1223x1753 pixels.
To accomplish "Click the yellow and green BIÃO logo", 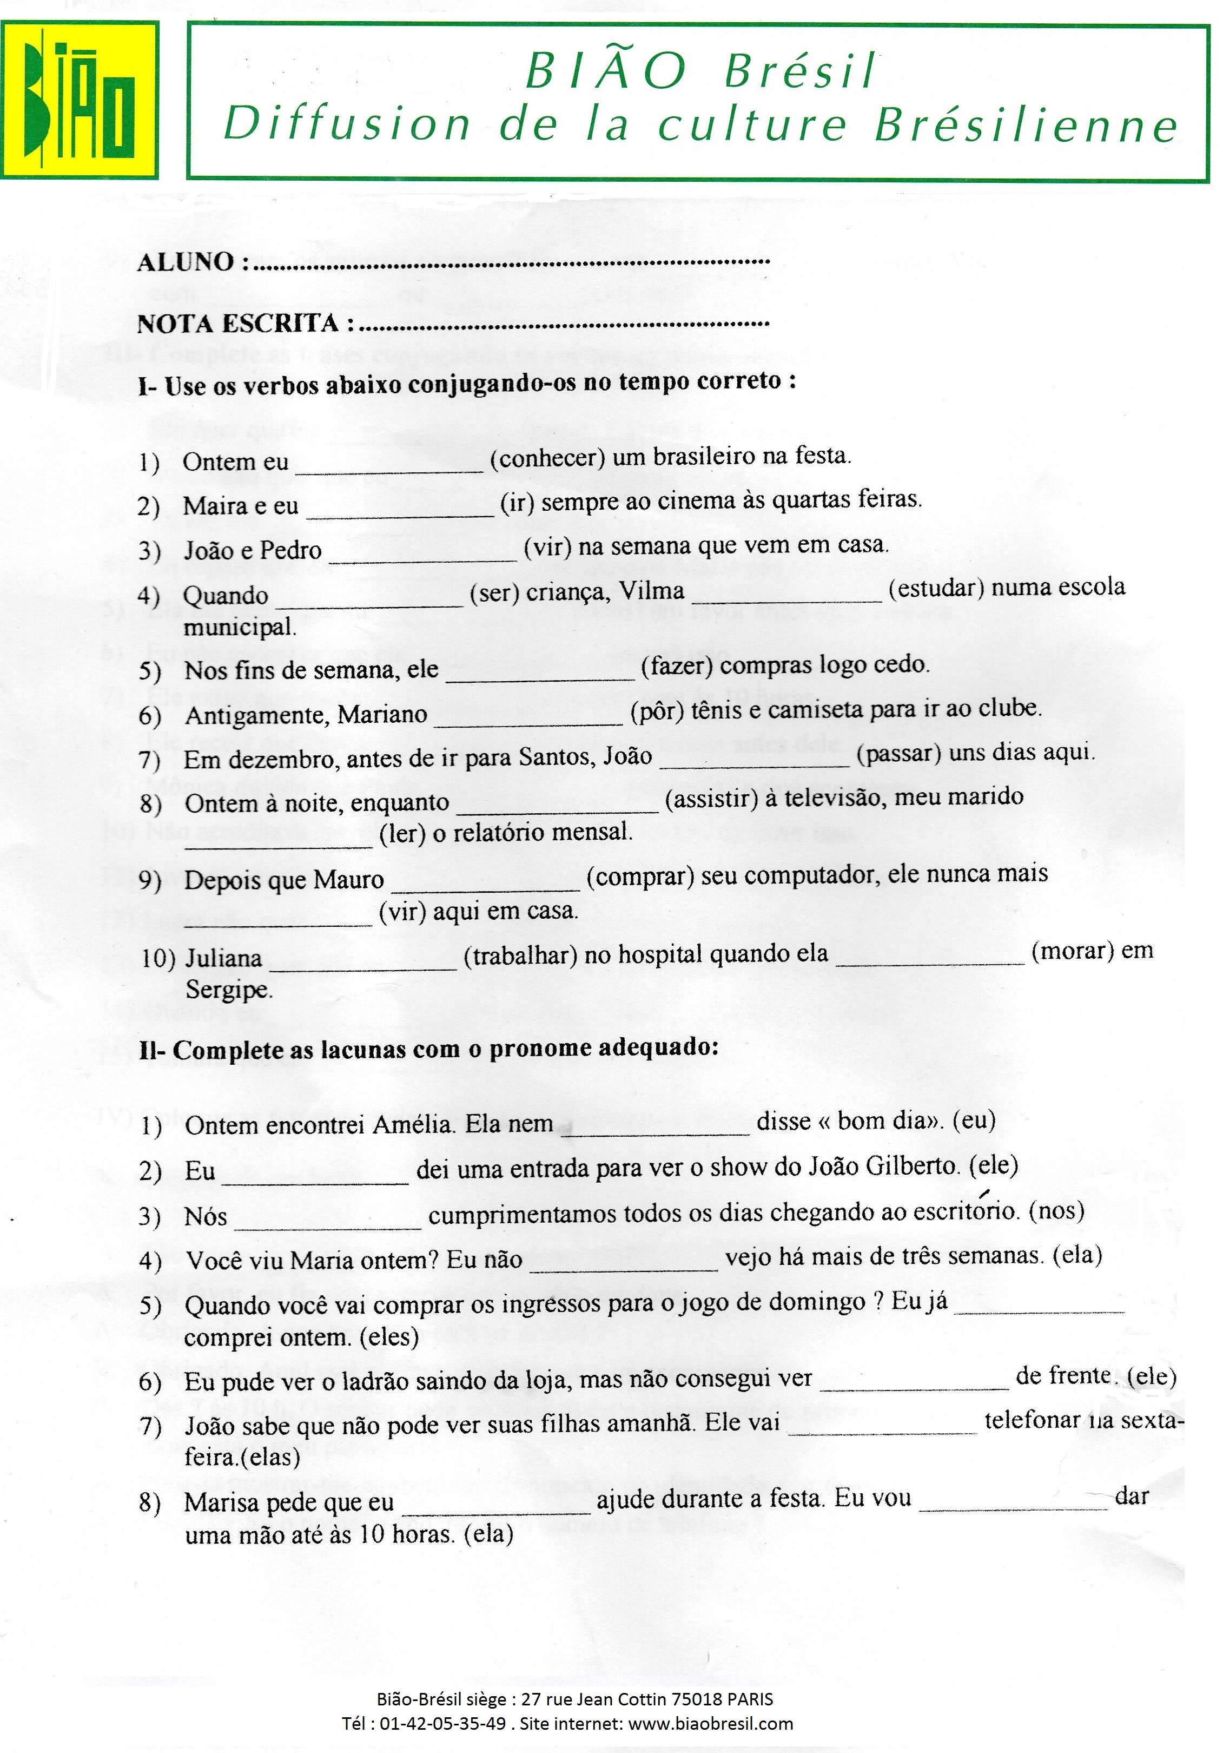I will pyautogui.click(x=80, y=100).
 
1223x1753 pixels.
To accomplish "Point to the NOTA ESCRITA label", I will pyautogui.click(x=237, y=324).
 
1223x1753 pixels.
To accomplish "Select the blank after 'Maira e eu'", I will pyautogui.click(x=400, y=507).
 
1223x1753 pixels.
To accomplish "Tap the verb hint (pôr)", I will pyautogui.click(x=657, y=711).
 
